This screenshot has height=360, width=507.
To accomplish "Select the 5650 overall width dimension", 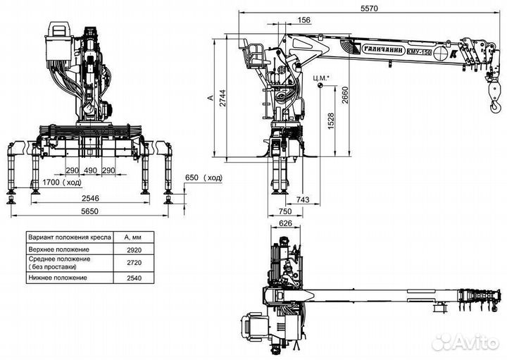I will coord(90,211).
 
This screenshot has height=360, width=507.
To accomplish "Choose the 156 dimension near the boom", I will coord(304,20).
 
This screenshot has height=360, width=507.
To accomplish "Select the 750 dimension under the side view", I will coord(284,211).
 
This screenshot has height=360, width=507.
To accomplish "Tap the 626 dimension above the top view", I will coord(285,224).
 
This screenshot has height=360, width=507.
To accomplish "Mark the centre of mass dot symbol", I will coord(320,86).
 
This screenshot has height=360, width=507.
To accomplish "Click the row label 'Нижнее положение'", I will coord(58,278).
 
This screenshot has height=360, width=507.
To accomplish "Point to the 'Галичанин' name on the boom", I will coord(370,49).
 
